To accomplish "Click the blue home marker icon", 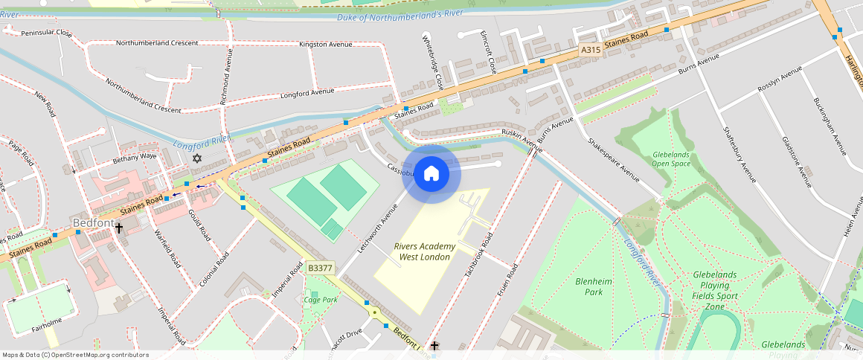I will [431, 174].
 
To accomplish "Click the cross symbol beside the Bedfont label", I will [118, 228].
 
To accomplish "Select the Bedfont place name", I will [93, 222].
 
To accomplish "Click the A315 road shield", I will [590, 50].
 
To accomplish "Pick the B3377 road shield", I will [320, 268].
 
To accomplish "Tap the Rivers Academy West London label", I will [425, 251].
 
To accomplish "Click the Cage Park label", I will [321, 300].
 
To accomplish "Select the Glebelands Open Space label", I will [670, 158].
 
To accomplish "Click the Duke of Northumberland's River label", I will [399, 15].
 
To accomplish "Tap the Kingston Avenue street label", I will [325, 45].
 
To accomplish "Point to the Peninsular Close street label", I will [46, 33].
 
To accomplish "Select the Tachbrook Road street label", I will [478, 255].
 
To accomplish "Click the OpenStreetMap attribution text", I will [75, 355].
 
